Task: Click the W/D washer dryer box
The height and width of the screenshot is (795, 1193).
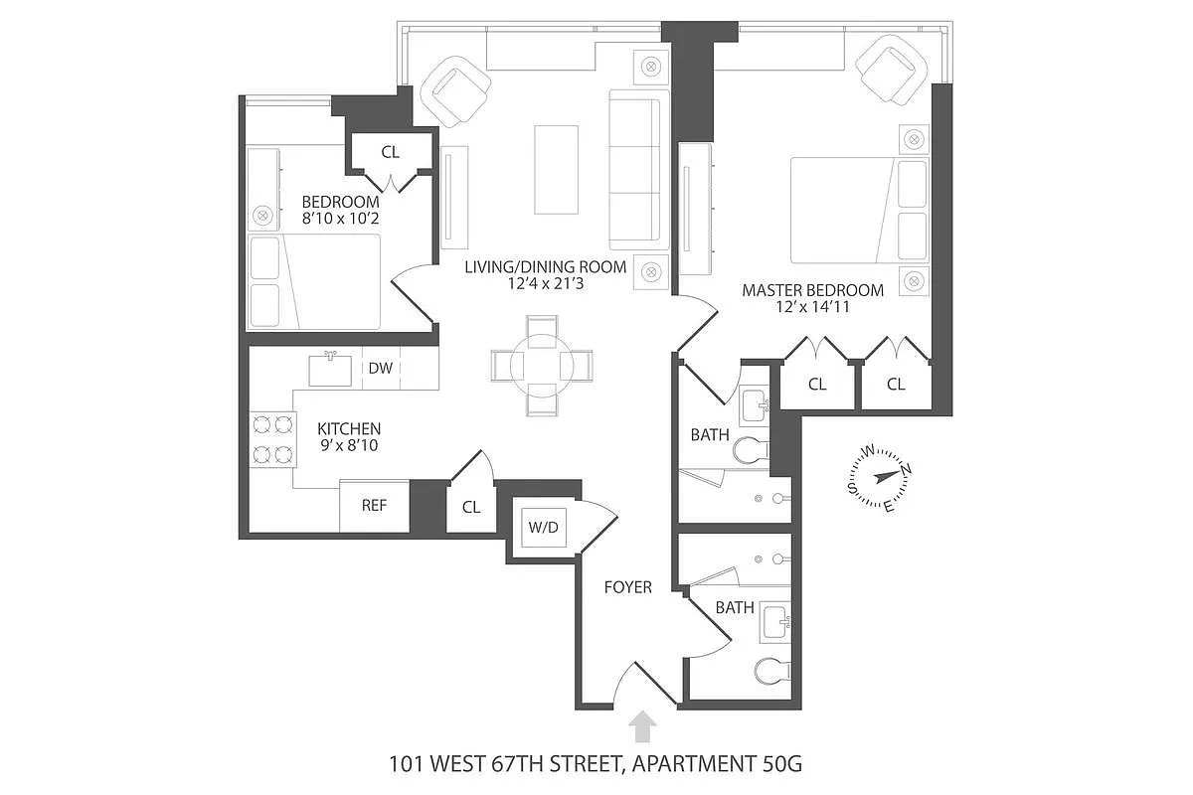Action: (x=543, y=527)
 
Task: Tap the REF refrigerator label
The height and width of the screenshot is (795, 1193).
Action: (x=374, y=506)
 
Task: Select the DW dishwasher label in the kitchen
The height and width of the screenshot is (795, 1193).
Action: (x=380, y=368)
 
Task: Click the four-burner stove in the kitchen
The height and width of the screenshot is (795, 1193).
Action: (x=272, y=439)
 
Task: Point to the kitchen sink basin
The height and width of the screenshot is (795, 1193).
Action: (x=330, y=370)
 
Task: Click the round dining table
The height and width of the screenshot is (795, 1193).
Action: (x=542, y=366)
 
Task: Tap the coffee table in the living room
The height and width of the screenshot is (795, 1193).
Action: (x=556, y=170)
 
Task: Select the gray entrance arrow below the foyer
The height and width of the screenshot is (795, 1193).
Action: (x=642, y=726)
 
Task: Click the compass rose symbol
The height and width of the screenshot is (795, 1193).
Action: (x=879, y=477)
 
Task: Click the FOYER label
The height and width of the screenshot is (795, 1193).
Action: (x=628, y=587)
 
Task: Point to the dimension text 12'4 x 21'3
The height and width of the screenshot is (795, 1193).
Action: (x=546, y=283)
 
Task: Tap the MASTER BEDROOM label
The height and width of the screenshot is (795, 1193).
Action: (x=813, y=291)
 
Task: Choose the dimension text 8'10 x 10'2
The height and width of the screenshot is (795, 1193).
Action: (x=340, y=219)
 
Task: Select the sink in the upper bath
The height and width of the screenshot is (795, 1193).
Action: (x=755, y=405)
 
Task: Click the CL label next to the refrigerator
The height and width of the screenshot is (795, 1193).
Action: (x=471, y=507)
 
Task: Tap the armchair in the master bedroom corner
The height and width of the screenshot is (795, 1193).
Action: (x=892, y=70)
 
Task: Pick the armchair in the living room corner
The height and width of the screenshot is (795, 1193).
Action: (x=456, y=91)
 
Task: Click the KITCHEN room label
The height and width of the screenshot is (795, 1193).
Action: (x=349, y=428)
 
